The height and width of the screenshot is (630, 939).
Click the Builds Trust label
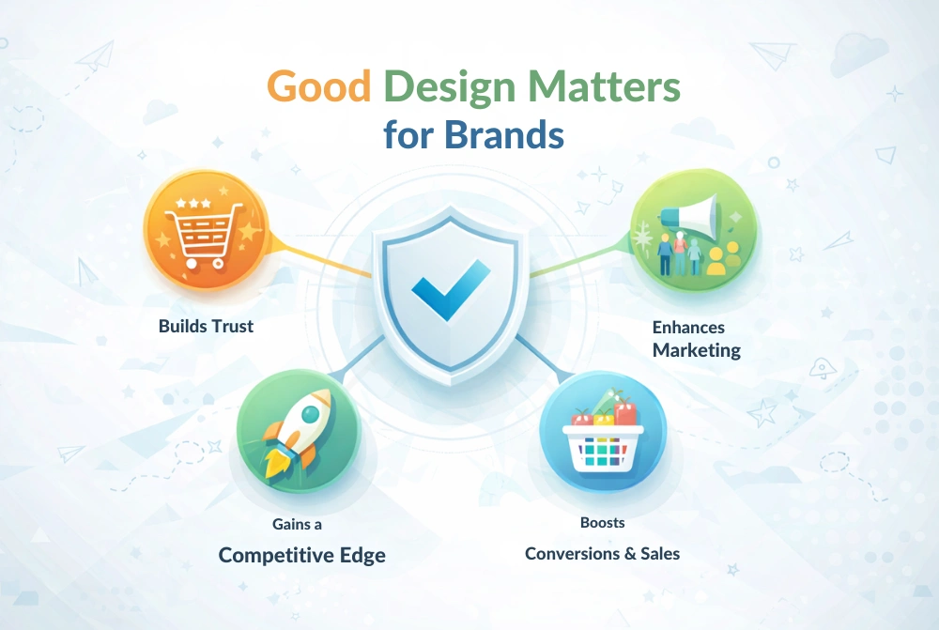206,327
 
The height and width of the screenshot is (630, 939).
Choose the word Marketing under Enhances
697,350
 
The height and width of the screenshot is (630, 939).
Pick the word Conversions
573,553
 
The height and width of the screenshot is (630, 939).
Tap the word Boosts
602,522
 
